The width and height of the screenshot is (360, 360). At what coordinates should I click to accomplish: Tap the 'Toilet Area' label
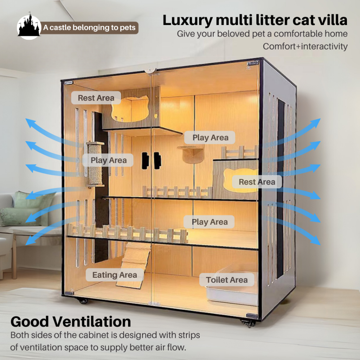pyautogui.click(x=227, y=280)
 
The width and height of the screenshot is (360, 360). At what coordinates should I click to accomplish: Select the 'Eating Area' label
pyautogui.click(x=115, y=275)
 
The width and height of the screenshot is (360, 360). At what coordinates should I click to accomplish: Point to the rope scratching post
pyautogui.click(x=95, y=164)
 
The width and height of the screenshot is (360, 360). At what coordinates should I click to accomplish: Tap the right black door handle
pyautogui.click(x=157, y=160)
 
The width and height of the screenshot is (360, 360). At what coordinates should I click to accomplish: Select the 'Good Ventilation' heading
pyautogui.click(x=71, y=321)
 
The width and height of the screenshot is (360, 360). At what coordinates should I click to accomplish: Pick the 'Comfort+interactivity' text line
pyautogui.click(x=305, y=46)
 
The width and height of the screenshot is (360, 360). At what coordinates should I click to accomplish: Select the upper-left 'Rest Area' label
pyautogui.click(x=96, y=98)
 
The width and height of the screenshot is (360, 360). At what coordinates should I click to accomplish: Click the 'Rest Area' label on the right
pyautogui.click(x=257, y=182)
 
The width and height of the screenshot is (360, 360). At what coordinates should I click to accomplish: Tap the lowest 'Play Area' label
pyautogui.click(x=210, y=222)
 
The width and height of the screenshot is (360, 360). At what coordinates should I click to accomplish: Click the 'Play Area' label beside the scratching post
pyautogui.click(x=108, y=160)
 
